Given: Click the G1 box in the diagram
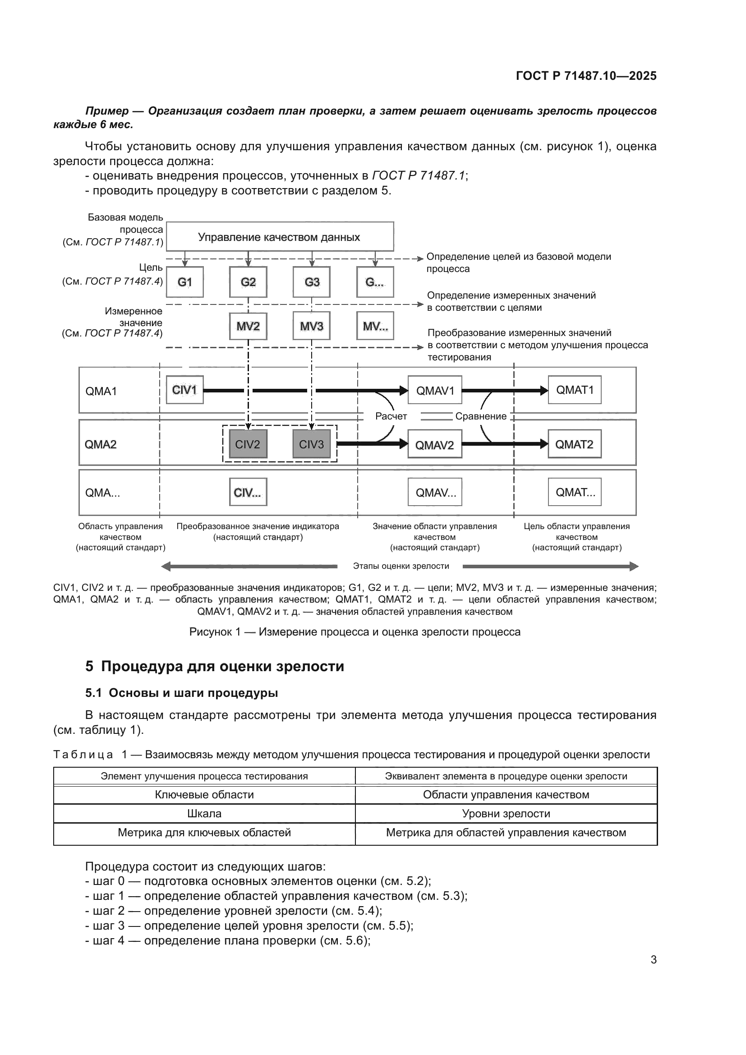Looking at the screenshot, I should (x=184, y=281).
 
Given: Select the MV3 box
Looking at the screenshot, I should (x=312, y=326).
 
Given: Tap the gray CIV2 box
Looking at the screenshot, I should (x=248, y=444).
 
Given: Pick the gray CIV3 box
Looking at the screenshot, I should (x=312, y=444).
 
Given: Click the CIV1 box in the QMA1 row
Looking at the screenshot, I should (x=184, y=390).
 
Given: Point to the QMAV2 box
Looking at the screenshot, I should (x=434, y=444).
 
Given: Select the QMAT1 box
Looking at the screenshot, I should (x=574, y=390).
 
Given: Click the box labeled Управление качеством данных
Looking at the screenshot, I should (x=279, y=237).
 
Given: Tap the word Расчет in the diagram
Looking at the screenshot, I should (x=391, y=416).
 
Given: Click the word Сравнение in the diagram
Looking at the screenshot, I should (x=480, y=416).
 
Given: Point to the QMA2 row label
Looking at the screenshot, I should (x=101, y=444).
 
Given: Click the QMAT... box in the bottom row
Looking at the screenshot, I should (x=574, y=492).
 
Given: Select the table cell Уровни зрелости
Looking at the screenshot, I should (x=506, y=814).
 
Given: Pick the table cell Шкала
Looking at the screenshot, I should (x=204, y=814).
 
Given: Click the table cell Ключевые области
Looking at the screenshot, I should (x=204, y=795).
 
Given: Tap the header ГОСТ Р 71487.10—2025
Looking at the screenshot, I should (x=586, y=76).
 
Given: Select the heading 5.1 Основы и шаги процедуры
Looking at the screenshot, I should (x=181, y=693).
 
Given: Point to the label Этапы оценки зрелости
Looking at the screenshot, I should (x=401, y=566).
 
